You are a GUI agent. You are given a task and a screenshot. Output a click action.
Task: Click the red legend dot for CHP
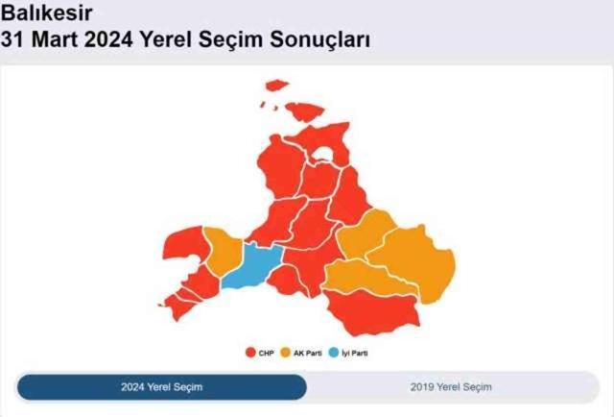click(250, 354)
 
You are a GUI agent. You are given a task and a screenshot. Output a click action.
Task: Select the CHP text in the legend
click(266, 354)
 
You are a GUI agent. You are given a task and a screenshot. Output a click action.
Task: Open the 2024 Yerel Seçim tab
click(161, 386)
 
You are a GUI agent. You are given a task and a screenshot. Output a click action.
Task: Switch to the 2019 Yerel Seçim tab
click(451, 386)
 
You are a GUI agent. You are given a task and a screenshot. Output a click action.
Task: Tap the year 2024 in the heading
click(109, 40)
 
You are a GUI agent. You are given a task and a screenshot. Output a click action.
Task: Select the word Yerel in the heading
click(170, 40)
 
